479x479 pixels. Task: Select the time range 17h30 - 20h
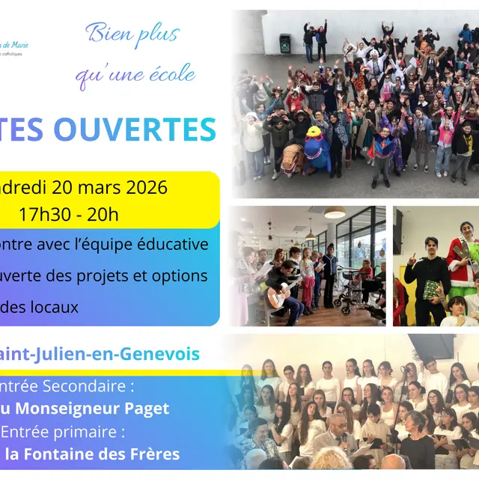(x=69, y=215)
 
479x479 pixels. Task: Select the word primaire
(x=96, y=432)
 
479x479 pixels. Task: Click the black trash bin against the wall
(x=284, y=43)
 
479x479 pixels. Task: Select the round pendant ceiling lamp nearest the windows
(x=335, y=213)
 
